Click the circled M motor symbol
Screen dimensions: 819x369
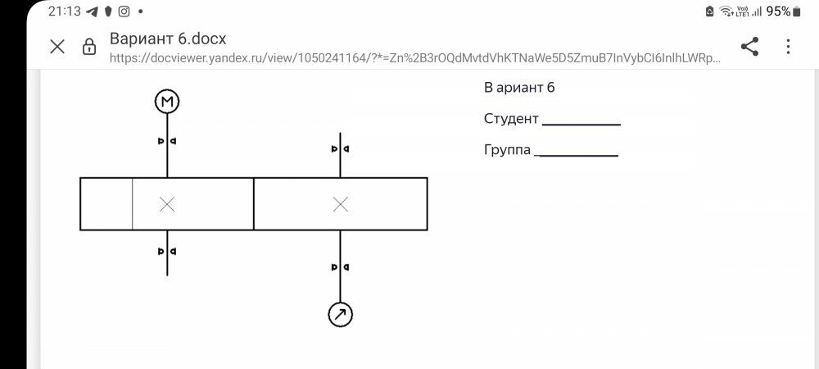[167, 101]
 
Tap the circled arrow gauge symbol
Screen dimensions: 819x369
[340, 314]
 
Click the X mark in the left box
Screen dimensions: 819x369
[167, 204]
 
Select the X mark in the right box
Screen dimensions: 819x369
[341, 204]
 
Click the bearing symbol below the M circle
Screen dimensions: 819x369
[167, 141]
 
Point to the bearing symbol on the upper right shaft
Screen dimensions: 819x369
[340, 149]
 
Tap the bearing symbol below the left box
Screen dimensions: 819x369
[167, 251]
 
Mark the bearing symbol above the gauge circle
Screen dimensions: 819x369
[340, 267]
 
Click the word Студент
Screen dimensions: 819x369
[511, 119]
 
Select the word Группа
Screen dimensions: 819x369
[507, 150]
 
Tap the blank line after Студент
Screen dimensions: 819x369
[581, 124]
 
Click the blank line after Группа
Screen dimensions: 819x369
[577, 155]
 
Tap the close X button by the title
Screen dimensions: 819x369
[57, 47]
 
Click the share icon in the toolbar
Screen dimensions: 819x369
[749, 47]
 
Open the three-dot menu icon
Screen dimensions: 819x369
[788, 47]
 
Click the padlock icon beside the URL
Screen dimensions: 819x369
[89, 48]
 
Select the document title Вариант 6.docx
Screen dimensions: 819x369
[168, 39]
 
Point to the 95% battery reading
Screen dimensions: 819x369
[778, 11]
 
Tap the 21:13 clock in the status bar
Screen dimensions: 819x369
[64, 11]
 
